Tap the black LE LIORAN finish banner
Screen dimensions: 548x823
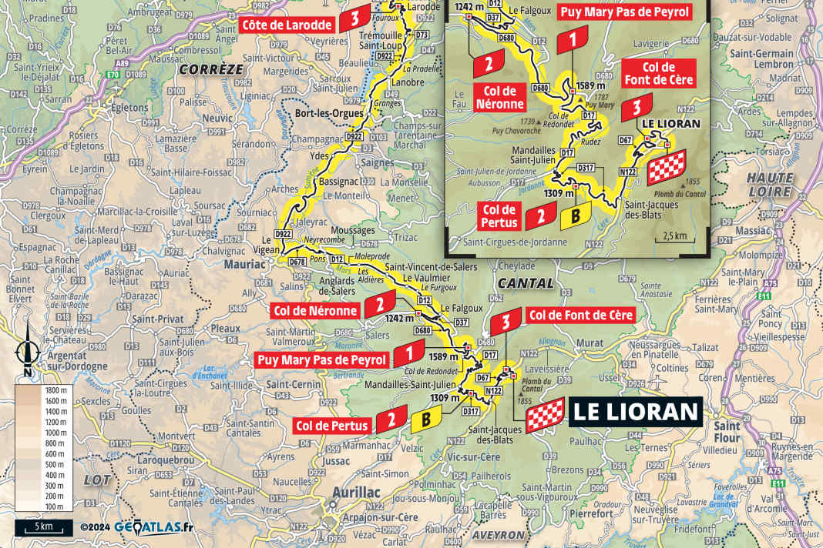coord(635,412)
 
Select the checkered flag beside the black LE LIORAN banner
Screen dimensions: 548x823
coord(546,416)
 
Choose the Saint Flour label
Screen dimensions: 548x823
coord(727,431)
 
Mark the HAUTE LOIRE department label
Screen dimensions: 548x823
coord(769,184)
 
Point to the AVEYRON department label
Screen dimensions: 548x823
coord(500,535)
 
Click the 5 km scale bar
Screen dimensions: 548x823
coord(42,527)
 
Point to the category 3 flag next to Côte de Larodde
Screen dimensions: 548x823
coord(353,21)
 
